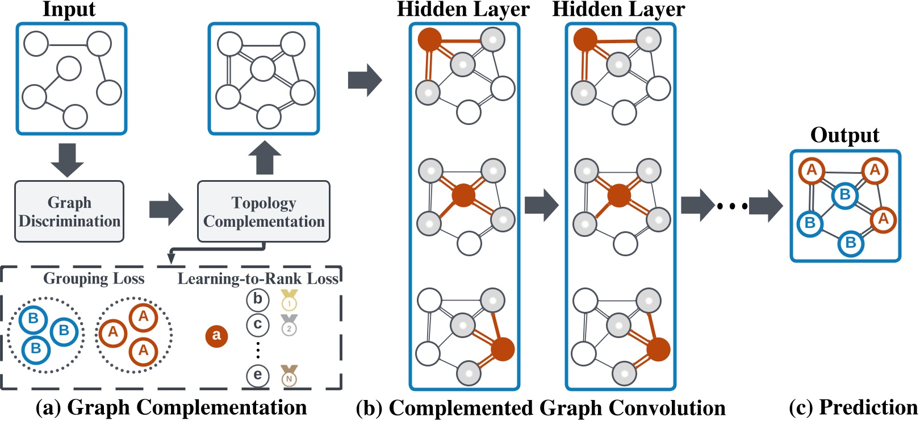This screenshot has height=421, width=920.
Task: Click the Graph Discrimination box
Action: coord(69,211)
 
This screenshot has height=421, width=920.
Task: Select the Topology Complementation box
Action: coord(264,211)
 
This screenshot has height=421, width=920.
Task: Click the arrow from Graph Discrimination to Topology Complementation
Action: coord(166,210)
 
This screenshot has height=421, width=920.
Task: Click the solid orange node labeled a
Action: coord(216,336)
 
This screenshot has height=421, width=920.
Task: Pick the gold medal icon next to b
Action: coord(290,299)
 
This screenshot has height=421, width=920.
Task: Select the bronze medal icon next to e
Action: coord(290,376)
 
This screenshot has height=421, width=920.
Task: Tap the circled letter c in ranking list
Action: coord(257,324)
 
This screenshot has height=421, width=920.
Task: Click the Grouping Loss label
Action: coord(94,278)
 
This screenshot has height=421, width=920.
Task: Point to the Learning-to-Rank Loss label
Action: coord(258,278)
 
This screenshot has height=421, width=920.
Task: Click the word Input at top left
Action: coord(69,10)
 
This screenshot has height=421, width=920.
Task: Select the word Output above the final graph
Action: coord(844,135)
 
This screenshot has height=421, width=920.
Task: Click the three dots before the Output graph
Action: coord(732,206)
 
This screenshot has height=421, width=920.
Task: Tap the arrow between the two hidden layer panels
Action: coord(541,205)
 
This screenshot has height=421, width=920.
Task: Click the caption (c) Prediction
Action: coord(853,407)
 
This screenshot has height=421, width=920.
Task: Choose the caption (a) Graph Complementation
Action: coord(171,407)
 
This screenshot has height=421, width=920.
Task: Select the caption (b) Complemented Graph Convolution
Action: coord(540,408)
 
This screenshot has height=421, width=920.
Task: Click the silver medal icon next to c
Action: coord(290,324)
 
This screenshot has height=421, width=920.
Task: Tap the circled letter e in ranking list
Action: coord(257,376)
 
